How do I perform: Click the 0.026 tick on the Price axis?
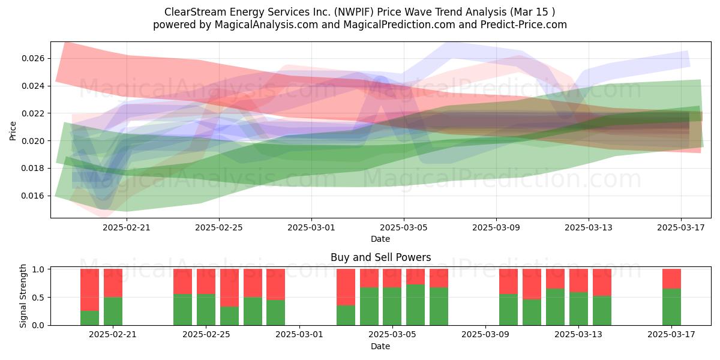tap(34, 59)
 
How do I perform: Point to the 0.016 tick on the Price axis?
tap(34, 196)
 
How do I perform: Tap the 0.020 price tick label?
tap(34, 141)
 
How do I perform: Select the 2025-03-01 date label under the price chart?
tap(311, 227)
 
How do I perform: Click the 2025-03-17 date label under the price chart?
tap(681, 227)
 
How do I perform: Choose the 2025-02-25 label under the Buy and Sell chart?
tap(206, 334)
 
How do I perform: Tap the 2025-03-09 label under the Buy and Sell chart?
tap(485, 334)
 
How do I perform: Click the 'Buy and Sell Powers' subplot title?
tap(380, 257)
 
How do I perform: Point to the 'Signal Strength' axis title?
tap(23, 296)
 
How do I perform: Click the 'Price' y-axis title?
tap(13, 131)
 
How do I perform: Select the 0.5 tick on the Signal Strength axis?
tap(38, 298)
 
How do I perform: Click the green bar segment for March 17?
tap(671, 307)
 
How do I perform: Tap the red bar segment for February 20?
tap(113, 283)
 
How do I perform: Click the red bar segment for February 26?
tap(229, 287)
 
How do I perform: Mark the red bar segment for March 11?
tap(532, 284)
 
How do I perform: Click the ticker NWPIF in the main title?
tap(354, 12)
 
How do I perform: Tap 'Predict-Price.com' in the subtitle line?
tap(524, 25)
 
